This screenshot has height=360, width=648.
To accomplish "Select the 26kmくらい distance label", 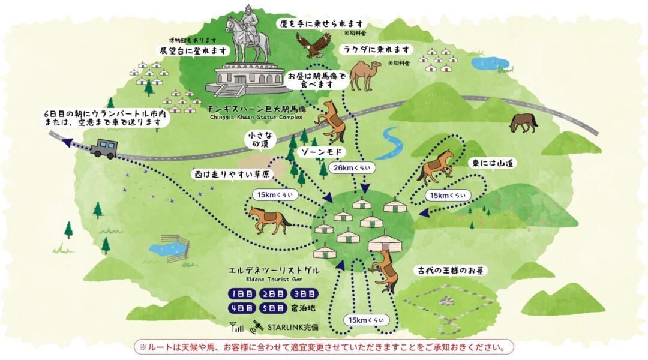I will (349, 168).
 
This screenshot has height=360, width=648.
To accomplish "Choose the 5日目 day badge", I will (273, 308).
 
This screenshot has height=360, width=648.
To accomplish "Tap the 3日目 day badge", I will (304, 293).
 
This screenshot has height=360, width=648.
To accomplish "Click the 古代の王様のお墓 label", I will (451, 270).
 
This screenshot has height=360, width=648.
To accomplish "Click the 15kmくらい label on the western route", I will (274, 195).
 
